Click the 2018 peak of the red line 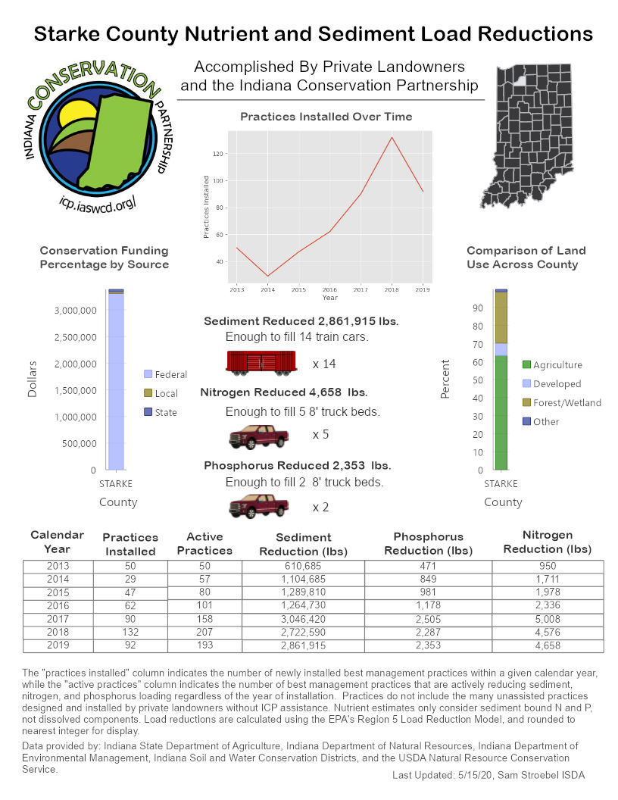[392, 137]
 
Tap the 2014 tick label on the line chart [267, 289]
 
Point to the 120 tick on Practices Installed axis [219, 154]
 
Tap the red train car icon [261, 363]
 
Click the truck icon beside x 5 [259, 436]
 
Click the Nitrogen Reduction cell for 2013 [548, 566]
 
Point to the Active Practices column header [204, 543]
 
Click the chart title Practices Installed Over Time [326, 117]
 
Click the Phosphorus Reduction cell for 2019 [428, 645]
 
